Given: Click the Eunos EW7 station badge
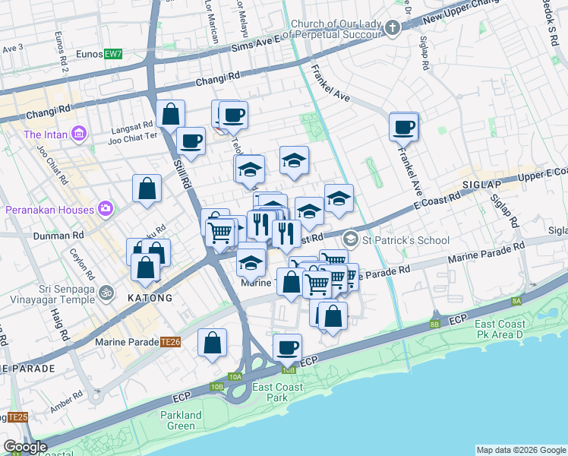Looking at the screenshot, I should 112,55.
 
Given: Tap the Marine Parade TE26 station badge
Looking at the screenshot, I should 169,343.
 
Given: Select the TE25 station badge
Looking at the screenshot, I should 17,417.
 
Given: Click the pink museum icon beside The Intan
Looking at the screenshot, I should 78,135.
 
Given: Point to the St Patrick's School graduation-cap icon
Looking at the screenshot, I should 350,239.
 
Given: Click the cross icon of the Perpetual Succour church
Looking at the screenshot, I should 392,29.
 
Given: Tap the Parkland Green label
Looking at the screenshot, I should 181,420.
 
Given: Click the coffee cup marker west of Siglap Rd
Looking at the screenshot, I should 404,126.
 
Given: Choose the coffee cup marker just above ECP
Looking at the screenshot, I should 287,347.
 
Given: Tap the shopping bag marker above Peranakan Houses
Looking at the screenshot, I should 147,188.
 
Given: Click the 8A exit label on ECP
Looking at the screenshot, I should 516,302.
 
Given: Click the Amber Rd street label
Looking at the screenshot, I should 67,400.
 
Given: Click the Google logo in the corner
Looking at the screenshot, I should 25,447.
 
